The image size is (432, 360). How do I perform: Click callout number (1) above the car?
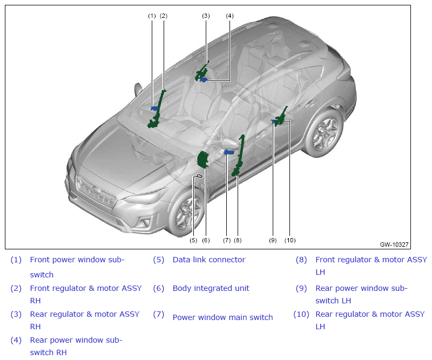(152, 16)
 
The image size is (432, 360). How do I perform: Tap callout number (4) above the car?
(230, 16)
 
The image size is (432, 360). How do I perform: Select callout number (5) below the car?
(193, 240)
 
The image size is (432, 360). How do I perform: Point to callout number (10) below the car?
(290, 240)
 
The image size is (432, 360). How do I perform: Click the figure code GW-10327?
(394, 244)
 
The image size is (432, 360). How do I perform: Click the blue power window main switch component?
(229, 152)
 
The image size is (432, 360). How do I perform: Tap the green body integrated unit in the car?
(204, 159)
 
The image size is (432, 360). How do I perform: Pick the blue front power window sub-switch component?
(154, 108)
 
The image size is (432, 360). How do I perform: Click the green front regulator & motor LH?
(239, 155)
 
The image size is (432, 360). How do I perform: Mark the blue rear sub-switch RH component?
(204, 80)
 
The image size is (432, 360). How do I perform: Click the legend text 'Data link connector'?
(209, 260)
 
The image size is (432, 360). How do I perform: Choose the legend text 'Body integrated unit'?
(211, 288)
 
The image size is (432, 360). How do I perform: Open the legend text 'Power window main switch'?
(222, 317)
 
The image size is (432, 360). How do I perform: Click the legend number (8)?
(301, 260)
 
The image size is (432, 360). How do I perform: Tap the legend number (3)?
(16, 314)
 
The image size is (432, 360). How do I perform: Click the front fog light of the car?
(144, 222)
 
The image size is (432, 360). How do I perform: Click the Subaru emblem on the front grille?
(97, 190)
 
